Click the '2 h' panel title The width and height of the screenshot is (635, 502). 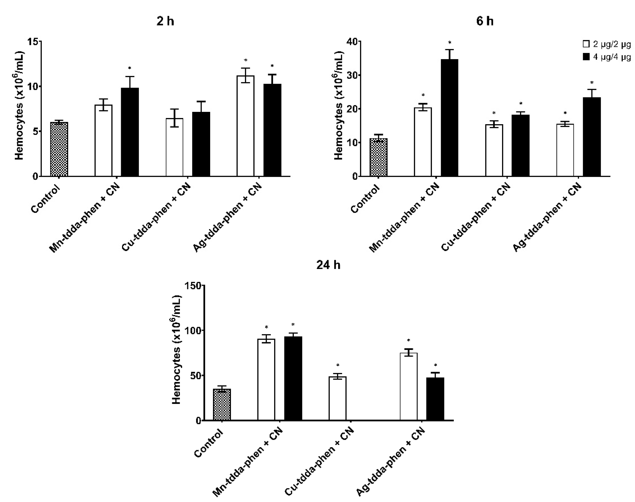[165, 22]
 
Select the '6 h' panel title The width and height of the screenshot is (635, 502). [485, 22]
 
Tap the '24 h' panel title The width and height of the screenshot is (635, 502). [328, 265]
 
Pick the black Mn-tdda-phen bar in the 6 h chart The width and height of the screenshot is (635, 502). [449, 118]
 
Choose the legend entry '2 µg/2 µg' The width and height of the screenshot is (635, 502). [607, 44]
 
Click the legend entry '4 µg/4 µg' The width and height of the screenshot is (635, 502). [607, 57]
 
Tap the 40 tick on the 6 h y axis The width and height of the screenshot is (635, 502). [352, 42]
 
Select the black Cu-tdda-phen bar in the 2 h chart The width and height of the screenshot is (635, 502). [201, 144]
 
